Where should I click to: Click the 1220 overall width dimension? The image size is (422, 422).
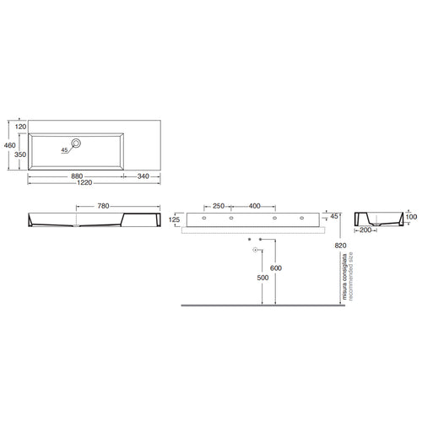point(84,183)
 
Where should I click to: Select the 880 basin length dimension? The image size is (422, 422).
point(77,176)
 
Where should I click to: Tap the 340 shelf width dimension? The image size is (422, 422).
point(143,176)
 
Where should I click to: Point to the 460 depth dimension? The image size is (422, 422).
point(10,145)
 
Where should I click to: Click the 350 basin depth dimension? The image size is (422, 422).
point(20,154)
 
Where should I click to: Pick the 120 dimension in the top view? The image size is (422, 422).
point(20,127)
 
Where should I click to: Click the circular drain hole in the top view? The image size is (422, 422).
point(76,143)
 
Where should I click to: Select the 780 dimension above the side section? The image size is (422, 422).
point(103,206)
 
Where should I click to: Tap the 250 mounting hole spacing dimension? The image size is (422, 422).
point(219,206)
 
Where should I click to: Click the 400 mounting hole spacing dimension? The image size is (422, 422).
point(255,206)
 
